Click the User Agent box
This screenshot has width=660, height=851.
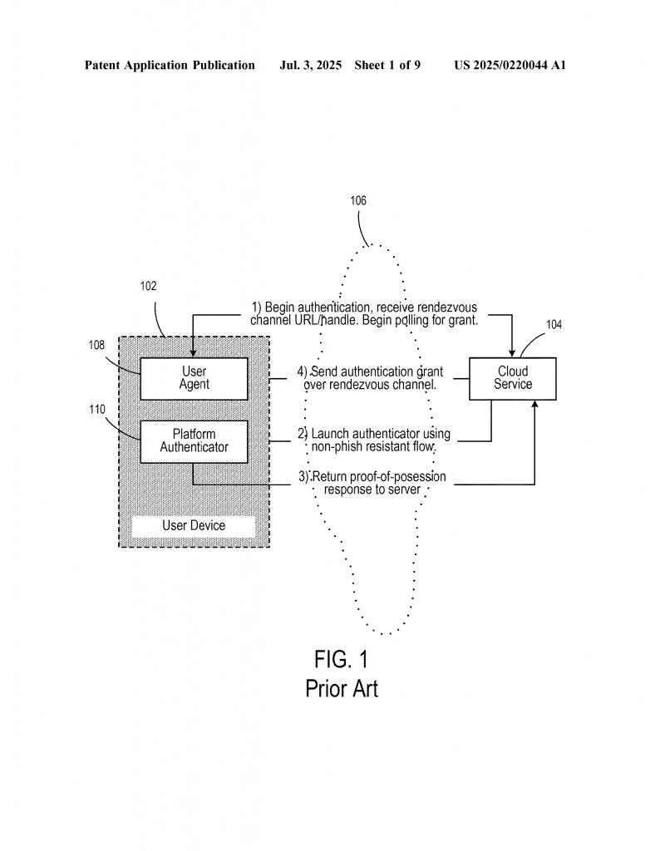[194, 378]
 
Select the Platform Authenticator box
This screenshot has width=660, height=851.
[194, 440]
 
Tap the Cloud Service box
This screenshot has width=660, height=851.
[513, 378]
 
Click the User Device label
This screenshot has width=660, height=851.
[194, 525]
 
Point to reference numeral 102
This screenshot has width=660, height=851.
[148, 286]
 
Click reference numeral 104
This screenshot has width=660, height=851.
[554, 325]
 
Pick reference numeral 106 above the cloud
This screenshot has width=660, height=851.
[358, 200]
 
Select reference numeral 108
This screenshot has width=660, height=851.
[97, 345]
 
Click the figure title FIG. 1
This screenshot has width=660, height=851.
[341, 660]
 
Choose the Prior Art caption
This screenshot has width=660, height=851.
[341, 689]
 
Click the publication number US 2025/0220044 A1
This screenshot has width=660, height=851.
[510, 65]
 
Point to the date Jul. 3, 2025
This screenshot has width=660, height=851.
[311, 65]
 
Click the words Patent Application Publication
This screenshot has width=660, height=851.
[170, 65]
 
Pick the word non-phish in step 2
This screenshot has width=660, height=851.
[334, 447]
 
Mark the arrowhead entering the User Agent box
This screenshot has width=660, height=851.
[194, 352]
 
